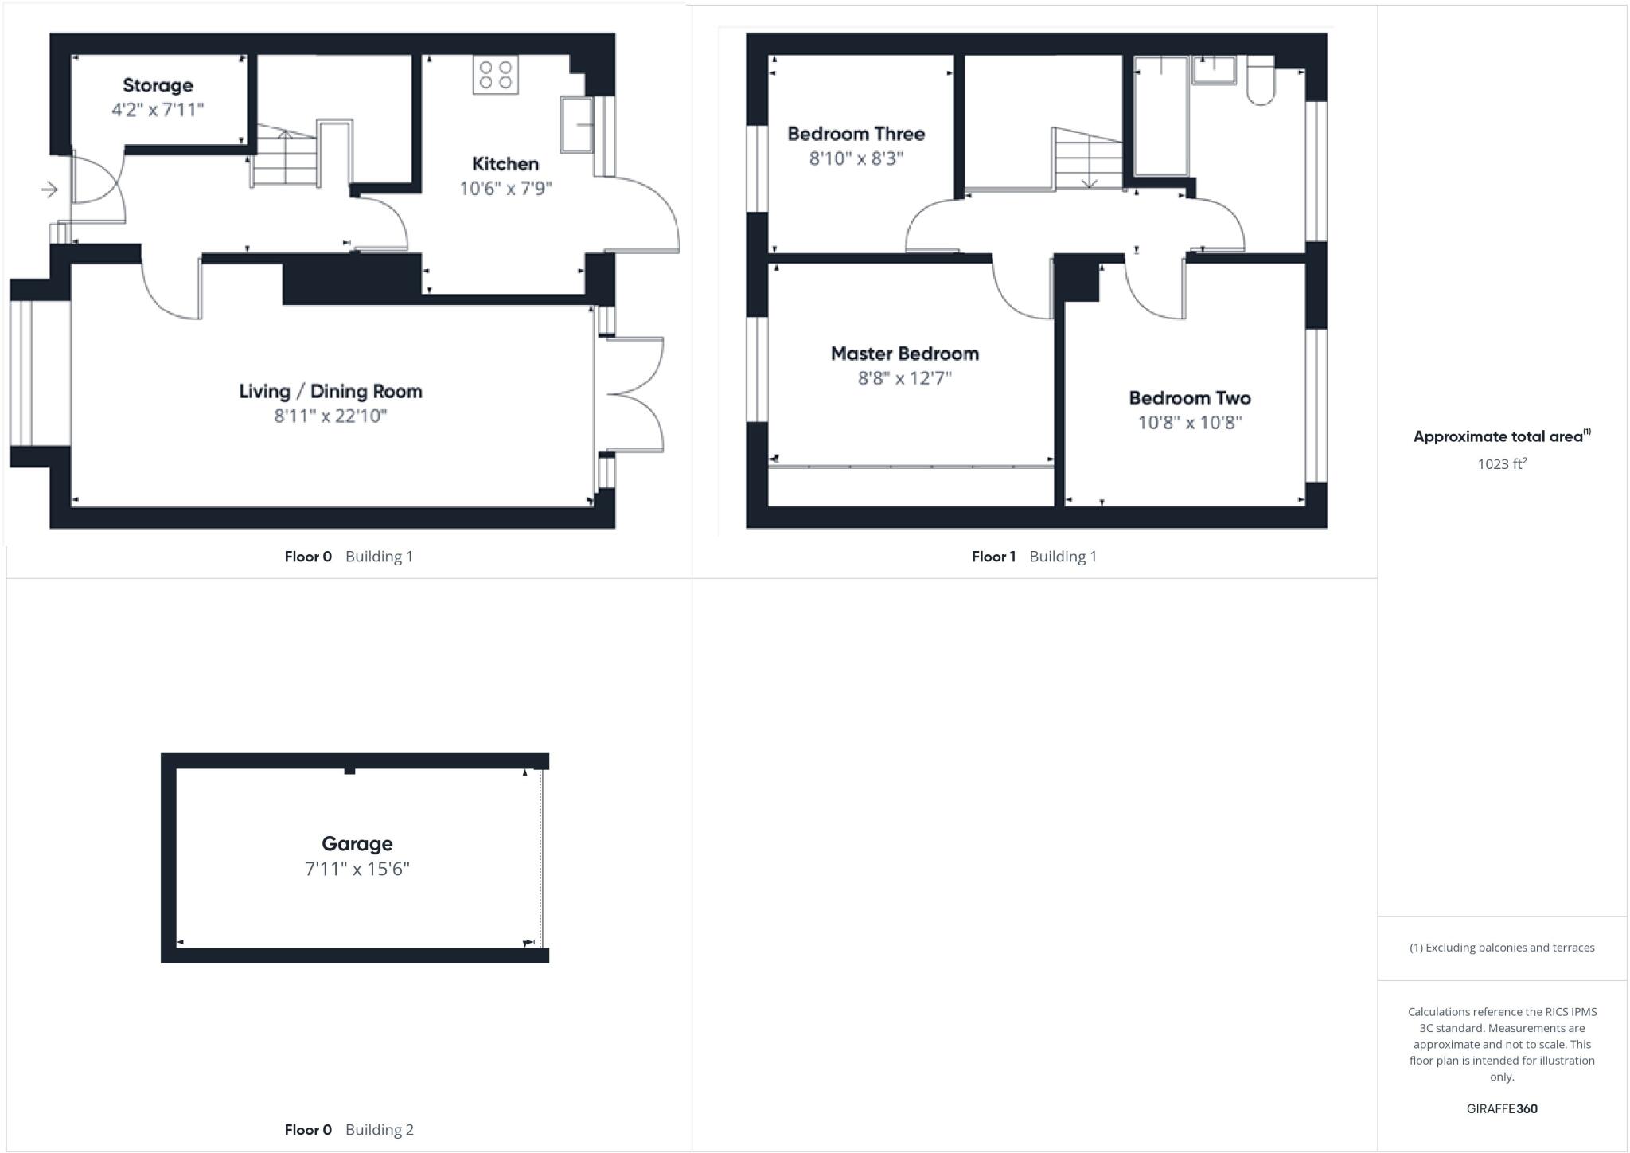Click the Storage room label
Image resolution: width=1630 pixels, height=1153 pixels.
click(x=158, y=85)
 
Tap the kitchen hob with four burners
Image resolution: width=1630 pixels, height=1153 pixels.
click(x=495, y=74)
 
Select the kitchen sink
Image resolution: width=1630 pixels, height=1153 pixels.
click(x=577, y=124)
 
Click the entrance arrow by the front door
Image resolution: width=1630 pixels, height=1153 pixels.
click(x=49, y=190)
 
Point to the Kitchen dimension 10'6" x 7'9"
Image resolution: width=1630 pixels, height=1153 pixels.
click(x=505, y=189)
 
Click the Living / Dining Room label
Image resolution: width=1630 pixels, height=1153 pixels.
click(x=330, y=391)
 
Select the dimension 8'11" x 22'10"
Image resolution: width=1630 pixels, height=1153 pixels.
click(x=330, y=416)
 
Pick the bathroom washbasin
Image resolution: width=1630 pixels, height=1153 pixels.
click(x=1214, y=69)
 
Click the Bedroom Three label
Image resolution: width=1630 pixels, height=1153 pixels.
click(x=856, y=134)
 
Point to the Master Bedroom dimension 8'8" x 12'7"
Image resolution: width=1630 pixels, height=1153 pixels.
click(x=904, y=378)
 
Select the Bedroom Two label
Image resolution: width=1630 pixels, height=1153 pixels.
click(x=1189, y=398)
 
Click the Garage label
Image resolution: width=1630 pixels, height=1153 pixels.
click(x=357, y=843)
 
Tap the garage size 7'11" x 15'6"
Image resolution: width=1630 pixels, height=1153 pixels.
click(x=357, y=869)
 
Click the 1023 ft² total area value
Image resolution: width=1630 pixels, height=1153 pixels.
click(x=1502, y=463)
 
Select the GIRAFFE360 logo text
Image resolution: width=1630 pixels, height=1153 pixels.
click(x=1502, y=1108)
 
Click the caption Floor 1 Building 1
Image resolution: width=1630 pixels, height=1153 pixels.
click(x=1033, y=557)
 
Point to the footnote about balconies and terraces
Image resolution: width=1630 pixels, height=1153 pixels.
click(x=1502, y=948)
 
